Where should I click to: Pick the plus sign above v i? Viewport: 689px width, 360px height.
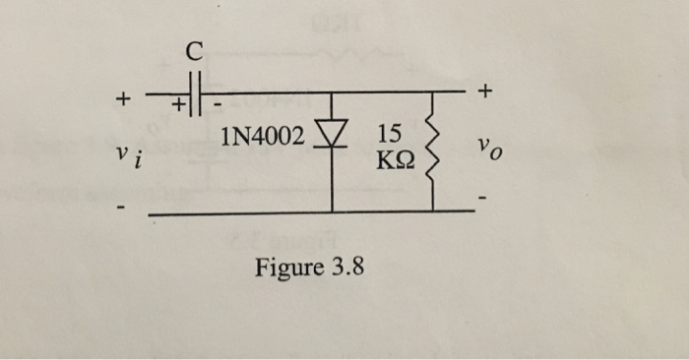122,99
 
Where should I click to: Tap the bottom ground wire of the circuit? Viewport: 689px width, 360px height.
295,211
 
